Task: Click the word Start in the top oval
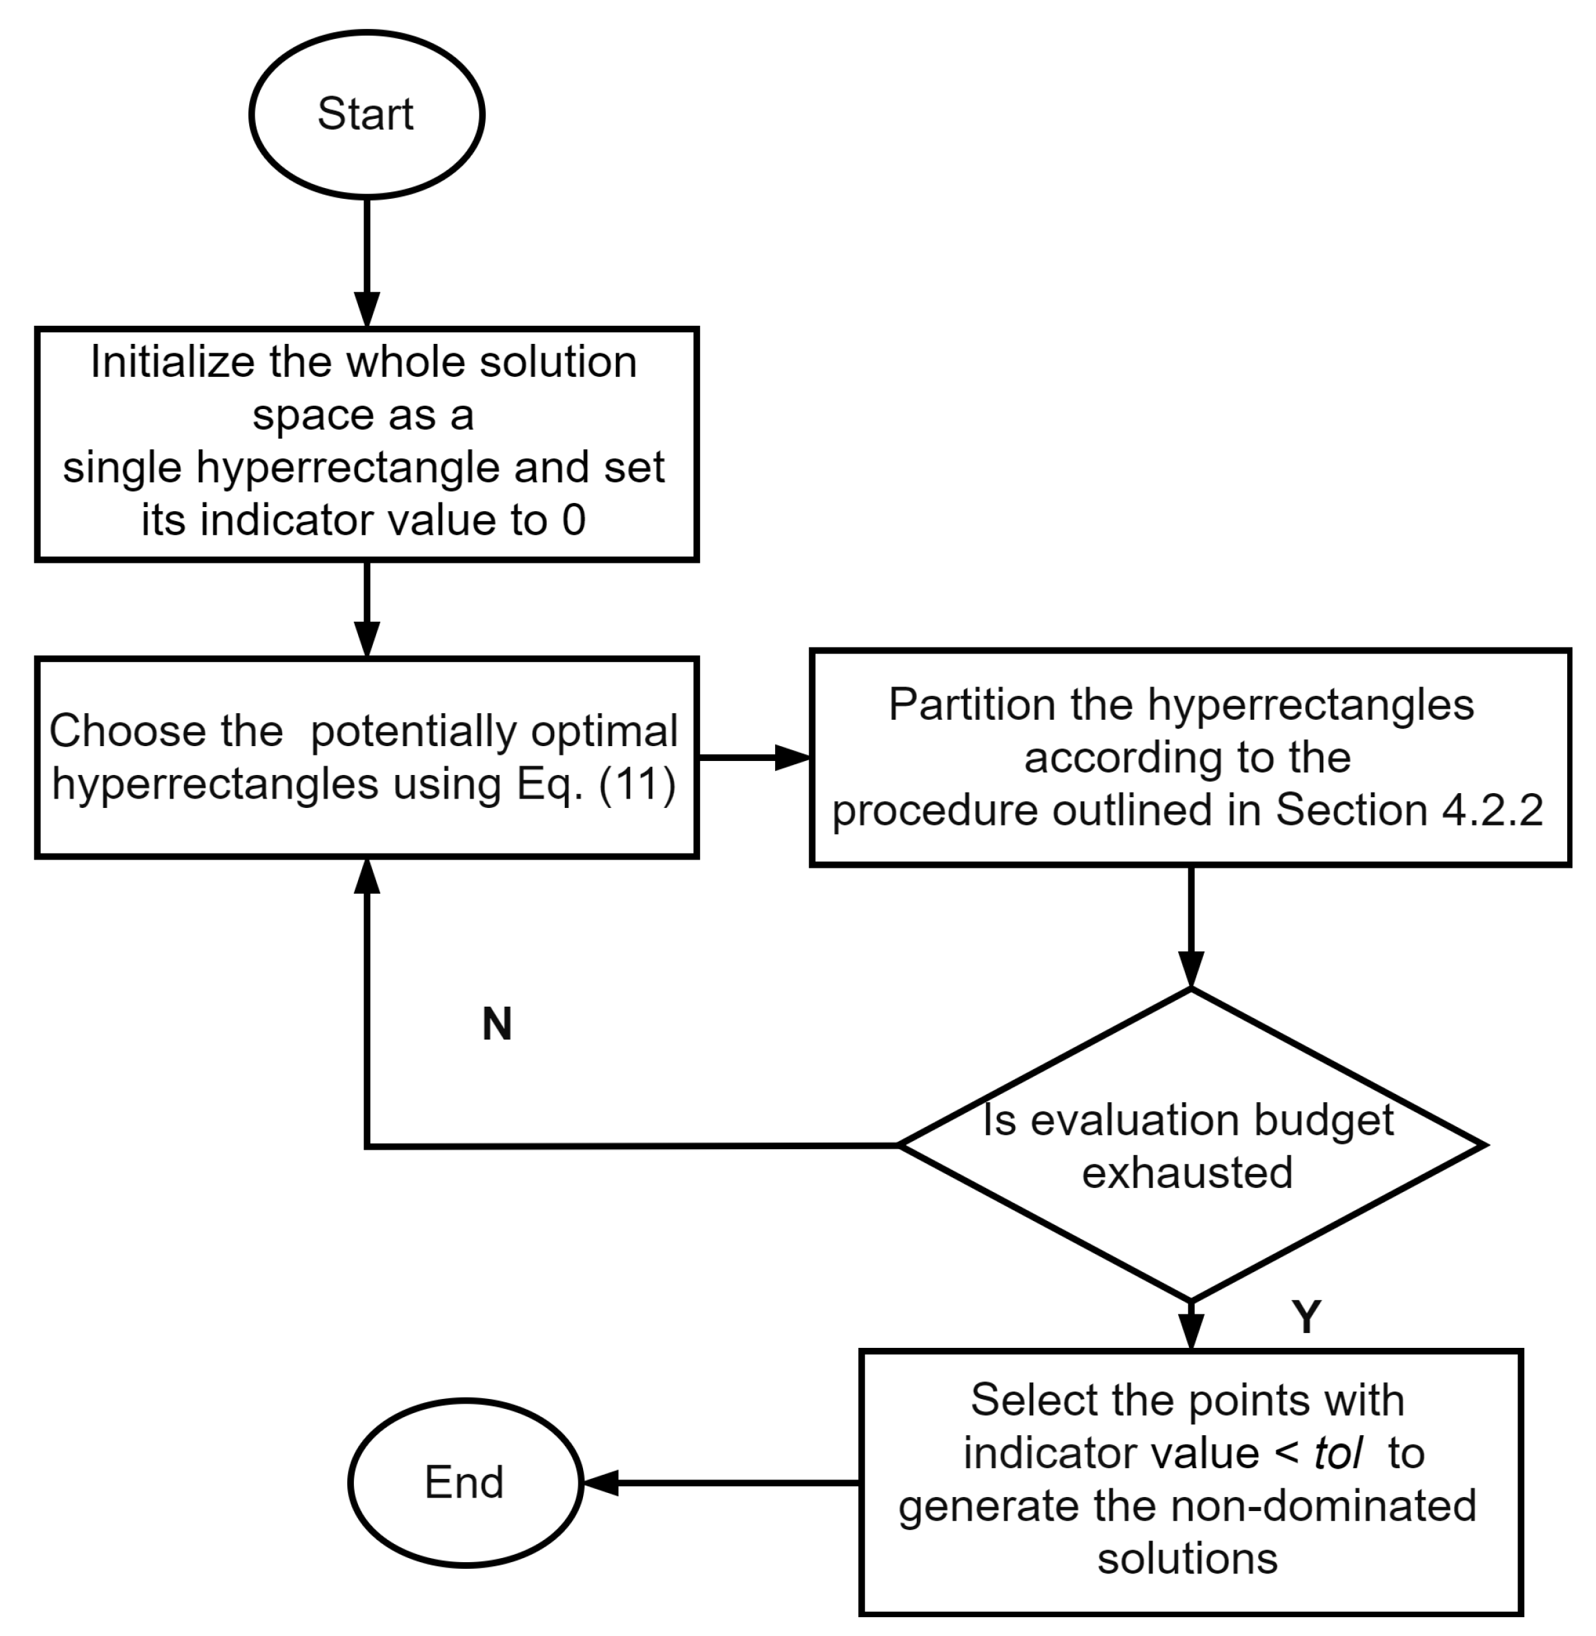[x=365, y=114]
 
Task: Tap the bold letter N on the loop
[x=497, y=1024]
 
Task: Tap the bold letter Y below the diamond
[x=1306, y=1317]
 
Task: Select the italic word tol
[x=1338, y=1453]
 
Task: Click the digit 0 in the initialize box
[x=574, y=520]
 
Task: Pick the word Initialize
[x=172, y=362]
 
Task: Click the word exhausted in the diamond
[x=1187, y=1172]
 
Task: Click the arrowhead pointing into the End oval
[x=599, y=1483]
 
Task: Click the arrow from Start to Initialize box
[x=367, y=260]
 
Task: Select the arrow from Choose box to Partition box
[x=753, y=758]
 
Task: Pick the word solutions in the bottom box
[x=1187, y=1558]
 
